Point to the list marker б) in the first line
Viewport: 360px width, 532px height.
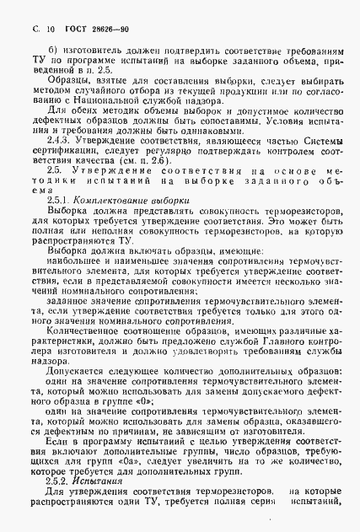coord(51,53)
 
